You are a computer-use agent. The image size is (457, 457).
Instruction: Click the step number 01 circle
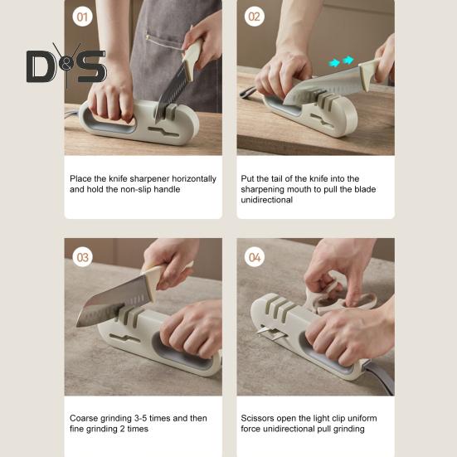(82, 17)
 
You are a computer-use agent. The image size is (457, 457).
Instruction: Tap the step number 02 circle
(255, 17)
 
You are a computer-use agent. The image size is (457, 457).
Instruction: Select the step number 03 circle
(82, 257)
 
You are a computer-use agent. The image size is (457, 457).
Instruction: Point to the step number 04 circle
(255, 257)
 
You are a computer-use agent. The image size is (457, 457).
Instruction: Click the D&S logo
(66, 66)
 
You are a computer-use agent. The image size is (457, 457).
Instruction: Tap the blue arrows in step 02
(341, 61)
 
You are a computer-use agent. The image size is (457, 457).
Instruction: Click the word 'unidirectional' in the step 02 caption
(267, 200)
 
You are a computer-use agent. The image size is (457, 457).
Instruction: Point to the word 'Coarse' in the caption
(84, 418)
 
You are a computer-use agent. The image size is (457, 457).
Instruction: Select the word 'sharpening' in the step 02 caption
(262, 189)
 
